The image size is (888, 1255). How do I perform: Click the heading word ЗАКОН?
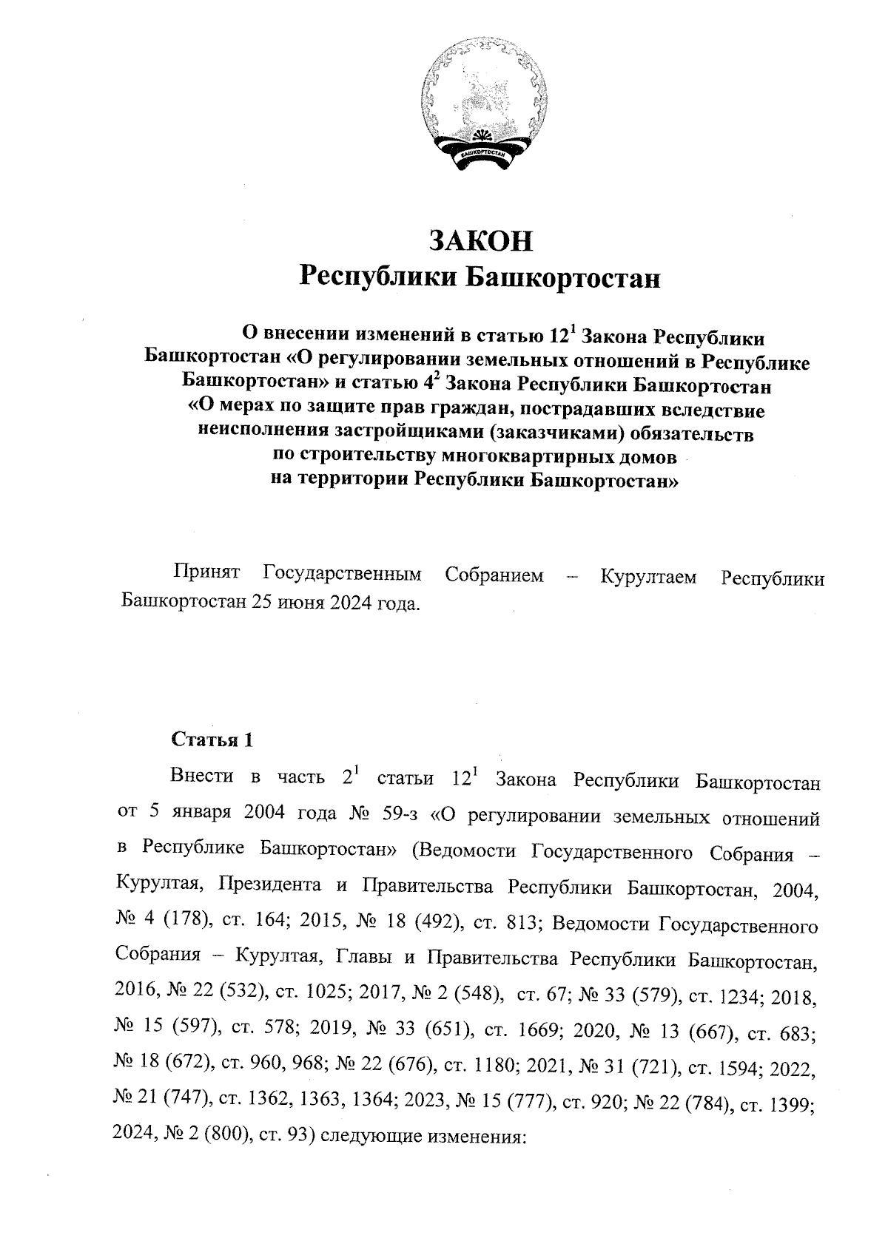point(481,242)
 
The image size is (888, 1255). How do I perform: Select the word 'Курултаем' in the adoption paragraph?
point(648,576)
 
